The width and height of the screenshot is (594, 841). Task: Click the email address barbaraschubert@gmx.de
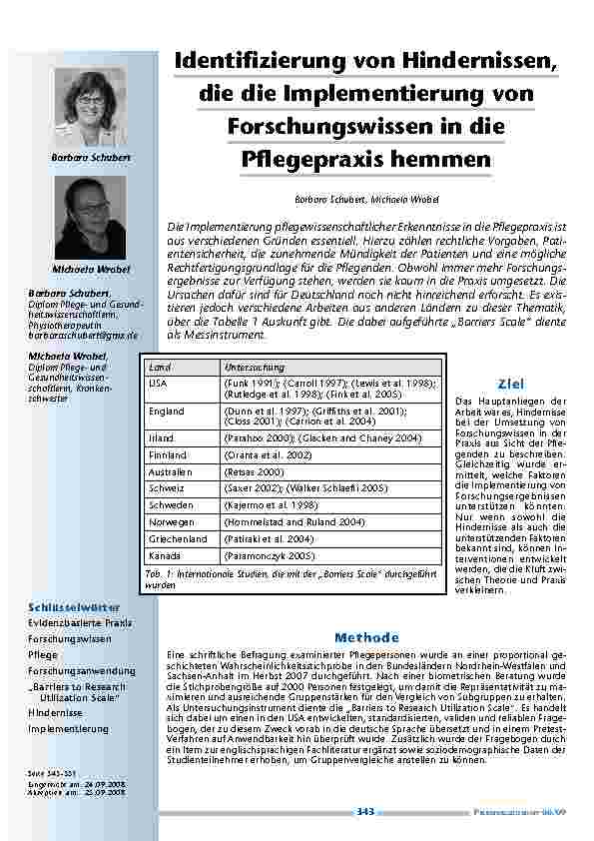(x=83, y=337)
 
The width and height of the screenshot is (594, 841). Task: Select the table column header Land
(x=159, y=368)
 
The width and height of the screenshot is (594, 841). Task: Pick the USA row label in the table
(x=158, y=383)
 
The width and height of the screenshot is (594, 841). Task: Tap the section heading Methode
(x=366, y=636)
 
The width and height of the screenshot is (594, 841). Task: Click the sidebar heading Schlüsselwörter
(x=75, y=606)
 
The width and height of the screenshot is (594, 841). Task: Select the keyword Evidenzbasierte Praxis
(x=80, y=622)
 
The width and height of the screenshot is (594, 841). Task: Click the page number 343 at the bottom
(x=365, y=812)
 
